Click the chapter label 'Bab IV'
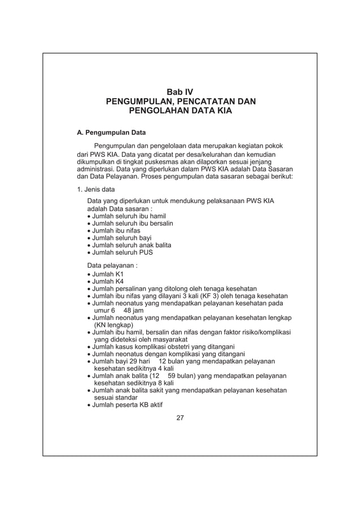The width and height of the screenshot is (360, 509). point(179,91)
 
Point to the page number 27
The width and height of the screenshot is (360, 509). point(180,418)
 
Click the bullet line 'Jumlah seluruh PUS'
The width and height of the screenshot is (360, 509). point(118,252)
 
